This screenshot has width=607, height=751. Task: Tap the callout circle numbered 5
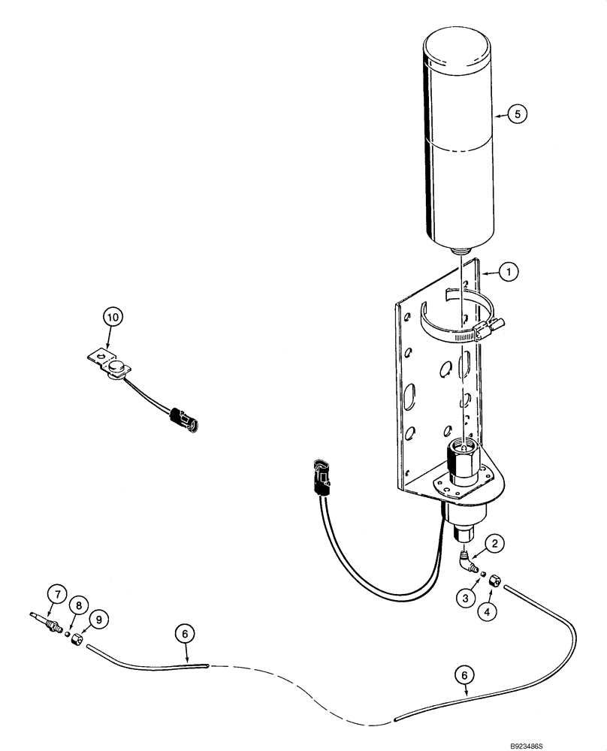517,114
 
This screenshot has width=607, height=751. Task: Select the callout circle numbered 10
113,318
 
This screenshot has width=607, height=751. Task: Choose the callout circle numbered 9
97,620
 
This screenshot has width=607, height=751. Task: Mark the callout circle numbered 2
493,543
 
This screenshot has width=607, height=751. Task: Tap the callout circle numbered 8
77,605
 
